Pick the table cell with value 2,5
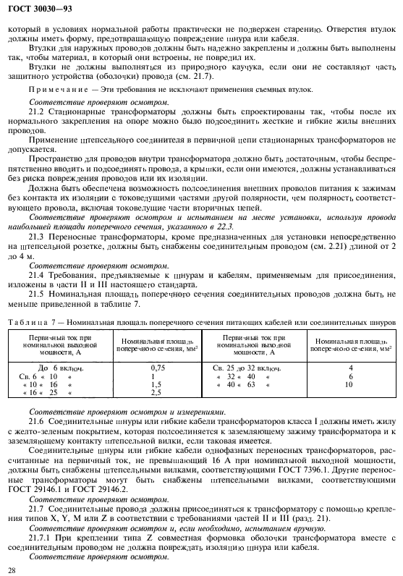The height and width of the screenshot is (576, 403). [x=153, y=392]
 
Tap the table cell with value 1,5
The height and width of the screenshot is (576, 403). [x=153, y=384]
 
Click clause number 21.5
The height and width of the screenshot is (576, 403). [x=36, y=295]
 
